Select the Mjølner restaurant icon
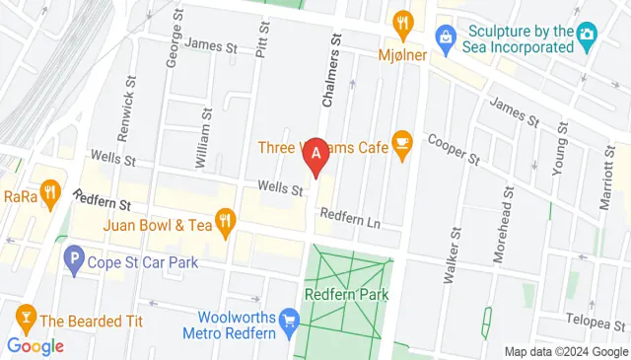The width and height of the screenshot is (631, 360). coord(402,23)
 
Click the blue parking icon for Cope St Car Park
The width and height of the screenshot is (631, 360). coord(73,262)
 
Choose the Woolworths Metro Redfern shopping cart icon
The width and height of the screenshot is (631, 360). coord(289,320)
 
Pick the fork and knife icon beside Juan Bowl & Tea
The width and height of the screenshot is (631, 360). coord(225,225)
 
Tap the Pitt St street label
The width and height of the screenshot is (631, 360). coord(261,38)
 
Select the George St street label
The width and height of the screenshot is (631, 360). coord(174,43)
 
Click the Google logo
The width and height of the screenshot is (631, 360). coord(35,346)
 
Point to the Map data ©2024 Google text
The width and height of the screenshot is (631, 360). coord(565,352)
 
